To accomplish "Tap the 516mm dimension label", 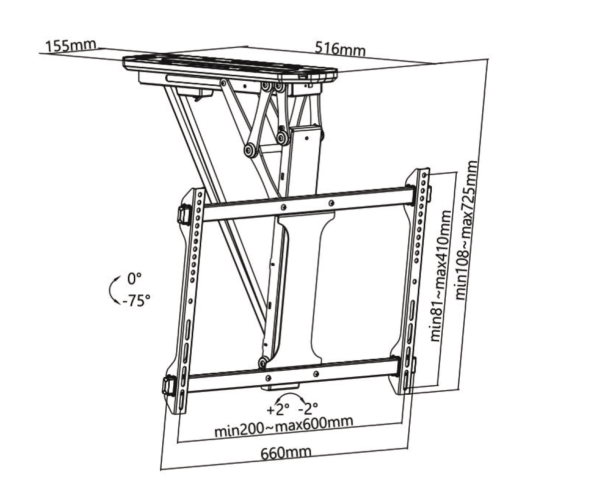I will (340, 49).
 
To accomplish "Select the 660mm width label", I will (286, 453).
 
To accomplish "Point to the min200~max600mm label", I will (284, 426).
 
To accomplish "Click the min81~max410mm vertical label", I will (441, 276).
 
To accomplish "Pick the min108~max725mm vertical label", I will (467, 229).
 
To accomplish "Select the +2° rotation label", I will (278, 410).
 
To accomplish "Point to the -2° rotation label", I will (308, 409).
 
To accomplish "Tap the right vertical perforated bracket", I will (415, 279).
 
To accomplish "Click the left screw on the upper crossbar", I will (284, 207).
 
